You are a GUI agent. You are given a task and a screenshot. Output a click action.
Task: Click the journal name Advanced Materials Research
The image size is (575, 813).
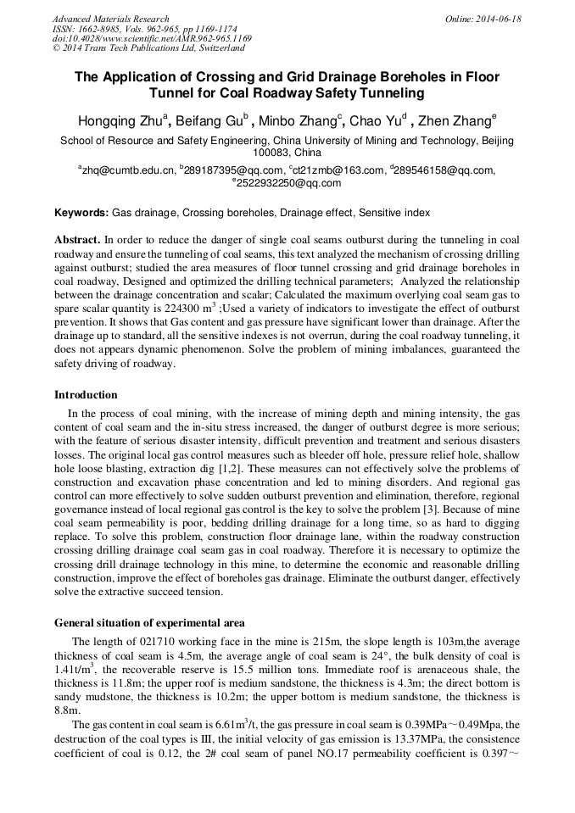(x=110, y=18)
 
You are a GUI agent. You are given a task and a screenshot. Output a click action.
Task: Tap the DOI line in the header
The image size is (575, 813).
(x=152, y=38)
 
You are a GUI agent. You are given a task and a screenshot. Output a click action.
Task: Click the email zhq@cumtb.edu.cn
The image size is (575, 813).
(x=128, y=170)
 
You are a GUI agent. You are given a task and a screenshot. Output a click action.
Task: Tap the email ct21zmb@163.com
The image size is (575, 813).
(x=339, y=170)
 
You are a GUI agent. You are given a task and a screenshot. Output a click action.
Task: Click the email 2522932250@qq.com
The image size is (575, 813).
(x=289, y=182)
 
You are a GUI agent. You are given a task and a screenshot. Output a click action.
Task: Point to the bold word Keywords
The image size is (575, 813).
(x=81, y=213)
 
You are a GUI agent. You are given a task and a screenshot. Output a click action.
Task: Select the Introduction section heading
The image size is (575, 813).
(x=86, y=394)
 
